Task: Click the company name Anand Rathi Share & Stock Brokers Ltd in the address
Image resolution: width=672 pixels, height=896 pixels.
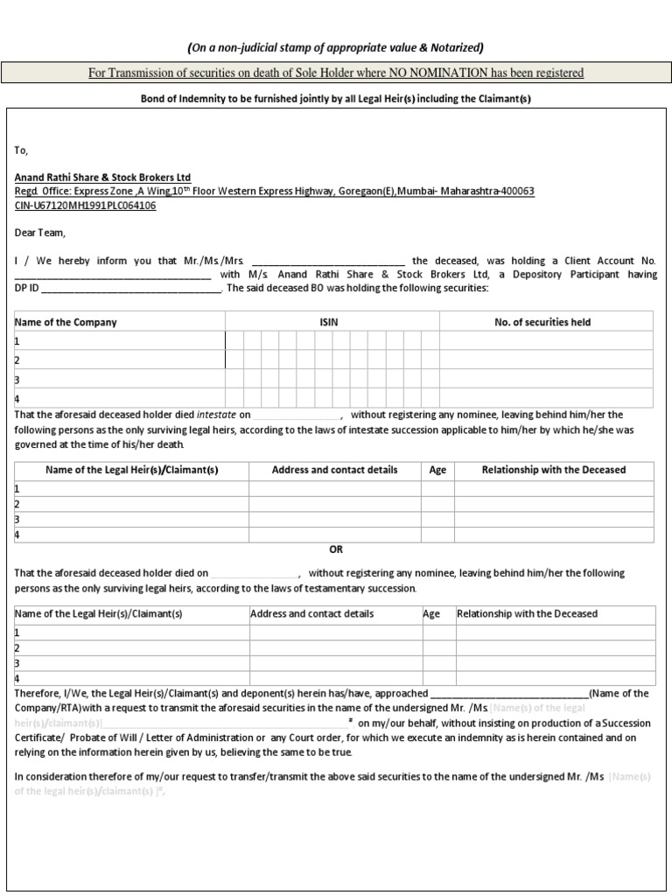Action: (x=102, y=178)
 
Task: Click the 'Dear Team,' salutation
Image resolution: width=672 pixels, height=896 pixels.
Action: (x=40, y=233)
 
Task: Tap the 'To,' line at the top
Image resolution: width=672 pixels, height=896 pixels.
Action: (x=22, y=150)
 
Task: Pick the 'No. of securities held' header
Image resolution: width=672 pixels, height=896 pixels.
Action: (x=542, y=322)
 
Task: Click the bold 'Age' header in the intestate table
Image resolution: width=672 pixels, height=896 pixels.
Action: (x=437, y=470)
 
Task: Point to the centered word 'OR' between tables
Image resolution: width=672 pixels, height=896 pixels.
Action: (x=336, y=549)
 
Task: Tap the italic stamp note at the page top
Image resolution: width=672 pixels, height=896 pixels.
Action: (x=336, y=47)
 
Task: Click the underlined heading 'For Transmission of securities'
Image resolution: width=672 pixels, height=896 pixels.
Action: (x=336, y=73)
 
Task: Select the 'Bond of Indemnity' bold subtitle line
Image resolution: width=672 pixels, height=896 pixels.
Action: (x=336, y=99)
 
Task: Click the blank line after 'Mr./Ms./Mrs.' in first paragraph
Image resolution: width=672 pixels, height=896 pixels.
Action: (x=328, y=262)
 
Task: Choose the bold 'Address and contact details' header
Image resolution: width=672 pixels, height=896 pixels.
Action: (x=334, y=470)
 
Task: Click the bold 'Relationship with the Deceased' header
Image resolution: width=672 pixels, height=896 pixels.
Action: (x=554, y=470)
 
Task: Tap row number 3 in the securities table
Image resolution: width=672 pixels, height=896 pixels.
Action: (x=17, y=381)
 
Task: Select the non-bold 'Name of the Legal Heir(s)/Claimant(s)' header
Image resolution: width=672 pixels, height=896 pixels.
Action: (x=98, y=613)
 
